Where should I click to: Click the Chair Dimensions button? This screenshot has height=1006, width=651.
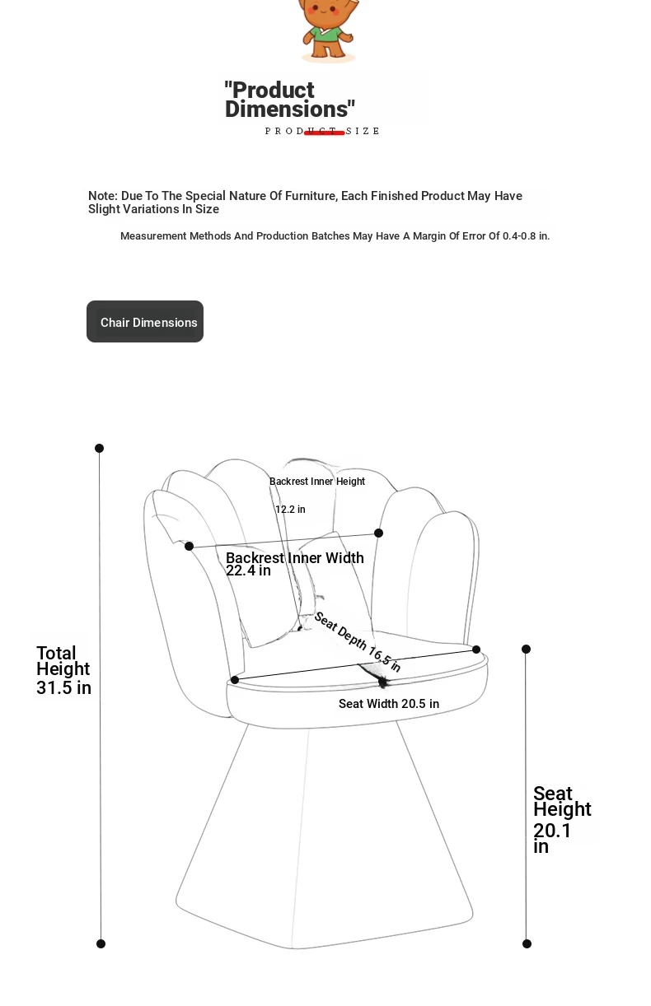(145, 322)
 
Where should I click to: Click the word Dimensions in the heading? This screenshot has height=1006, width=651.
(286, 109)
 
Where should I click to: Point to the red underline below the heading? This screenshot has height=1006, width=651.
(324, 133)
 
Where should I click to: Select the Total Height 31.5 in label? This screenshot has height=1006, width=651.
(63, 670)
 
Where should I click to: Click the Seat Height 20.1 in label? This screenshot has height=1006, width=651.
(561, 819)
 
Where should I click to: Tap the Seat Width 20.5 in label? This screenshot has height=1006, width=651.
(388, 704)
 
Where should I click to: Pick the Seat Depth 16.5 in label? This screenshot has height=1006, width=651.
(357, 642)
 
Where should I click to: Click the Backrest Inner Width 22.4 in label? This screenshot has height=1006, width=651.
(294, 564)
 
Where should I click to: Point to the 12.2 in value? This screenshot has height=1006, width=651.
(290, 510)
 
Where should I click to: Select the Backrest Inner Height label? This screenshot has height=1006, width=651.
(317, 482)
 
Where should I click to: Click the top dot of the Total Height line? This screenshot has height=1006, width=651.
(100, 448)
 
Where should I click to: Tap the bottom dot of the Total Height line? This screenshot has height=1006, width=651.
(101, 943)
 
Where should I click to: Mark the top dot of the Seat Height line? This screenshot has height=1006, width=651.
(526, 649)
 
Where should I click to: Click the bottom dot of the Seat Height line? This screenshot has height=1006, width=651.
(527, 943)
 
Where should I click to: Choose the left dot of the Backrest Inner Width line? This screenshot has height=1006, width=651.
(190, 546)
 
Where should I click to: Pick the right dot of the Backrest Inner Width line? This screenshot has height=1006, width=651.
(378, 533)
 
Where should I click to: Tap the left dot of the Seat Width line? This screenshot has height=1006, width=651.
(235, 679)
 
